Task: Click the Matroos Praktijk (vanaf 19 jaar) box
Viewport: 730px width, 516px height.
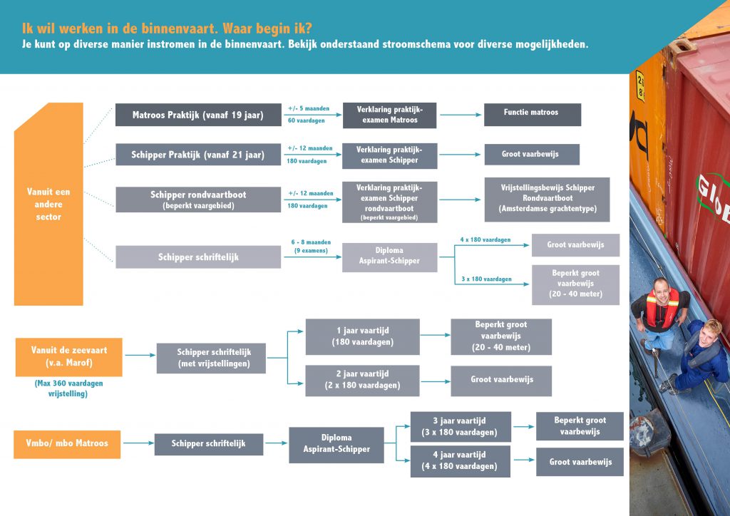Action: tap(198, 115)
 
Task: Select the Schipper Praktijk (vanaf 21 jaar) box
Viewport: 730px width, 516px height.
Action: tap(198, 155)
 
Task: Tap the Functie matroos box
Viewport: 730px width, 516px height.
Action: tap(533, 115)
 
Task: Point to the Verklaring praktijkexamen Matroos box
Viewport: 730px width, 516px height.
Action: tap(390, 115)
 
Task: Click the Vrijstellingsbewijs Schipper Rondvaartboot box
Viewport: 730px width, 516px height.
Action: tap(547, 200)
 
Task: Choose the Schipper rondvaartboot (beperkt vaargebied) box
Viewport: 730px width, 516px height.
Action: tap(198, 200)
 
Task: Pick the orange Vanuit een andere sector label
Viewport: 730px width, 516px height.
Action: tap(48, 205)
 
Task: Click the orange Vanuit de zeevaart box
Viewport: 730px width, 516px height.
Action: tap(69, 357)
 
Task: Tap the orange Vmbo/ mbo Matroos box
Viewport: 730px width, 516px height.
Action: tap(67, 444)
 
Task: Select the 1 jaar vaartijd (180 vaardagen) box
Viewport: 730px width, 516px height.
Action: tap(362, 336)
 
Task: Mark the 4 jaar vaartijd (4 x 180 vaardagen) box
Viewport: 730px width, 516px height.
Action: tap(460, 461)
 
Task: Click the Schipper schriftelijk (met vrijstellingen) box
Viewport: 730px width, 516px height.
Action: tap(211, 358)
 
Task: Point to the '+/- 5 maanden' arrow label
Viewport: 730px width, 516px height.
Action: tap(309, 108)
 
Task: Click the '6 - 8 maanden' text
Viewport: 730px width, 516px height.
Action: tap(311, 242)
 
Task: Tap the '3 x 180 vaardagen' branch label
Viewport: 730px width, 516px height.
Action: tap(486, 279)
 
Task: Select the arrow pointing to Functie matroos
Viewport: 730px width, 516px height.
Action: tap(461, 115)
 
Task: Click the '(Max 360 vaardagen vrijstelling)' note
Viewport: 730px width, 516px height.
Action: tap(68, 388)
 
